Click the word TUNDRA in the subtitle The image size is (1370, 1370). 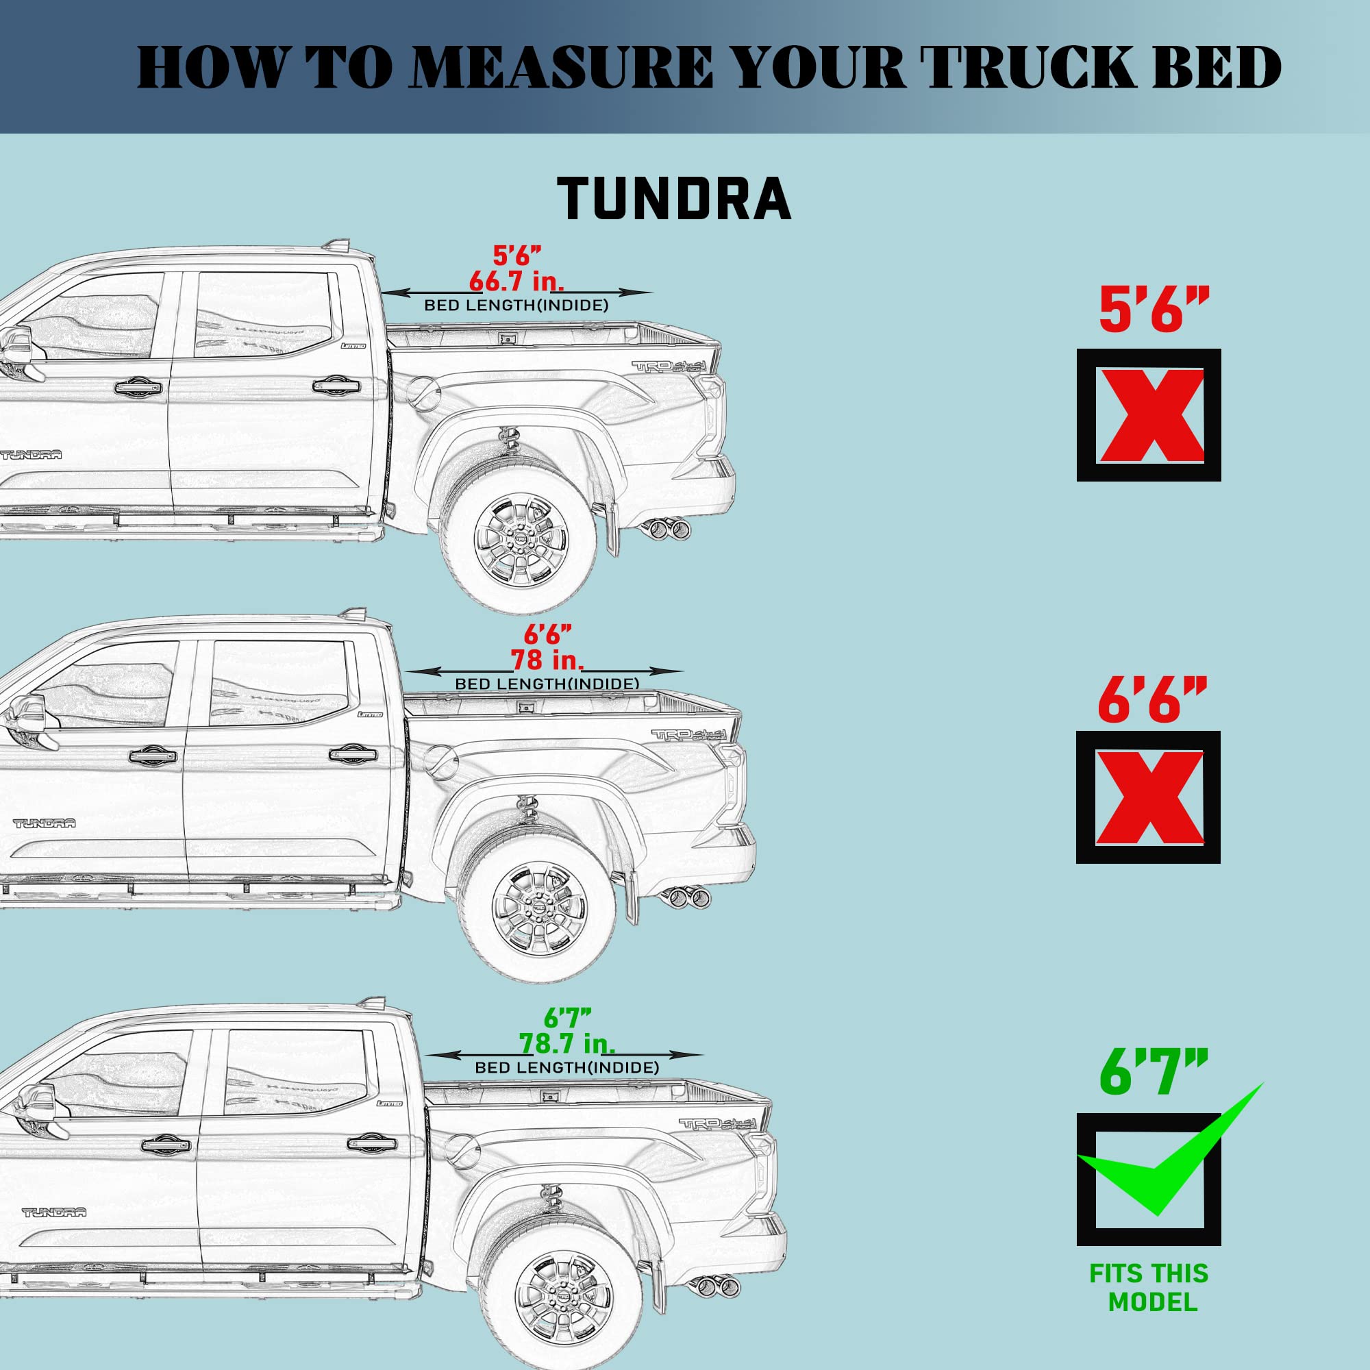coord(673,199)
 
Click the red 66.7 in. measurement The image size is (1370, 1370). coord(516,282)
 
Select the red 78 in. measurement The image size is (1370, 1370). coord(547,660)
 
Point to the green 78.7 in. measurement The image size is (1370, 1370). coord(567,1043)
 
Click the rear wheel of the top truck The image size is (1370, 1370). coord(518,536)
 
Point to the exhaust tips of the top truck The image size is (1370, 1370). coord(667,528)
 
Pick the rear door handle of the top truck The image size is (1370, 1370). coord(336,386)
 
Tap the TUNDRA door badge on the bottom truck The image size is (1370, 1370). coord(54,1212)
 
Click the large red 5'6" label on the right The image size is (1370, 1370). coord(1153,310)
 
